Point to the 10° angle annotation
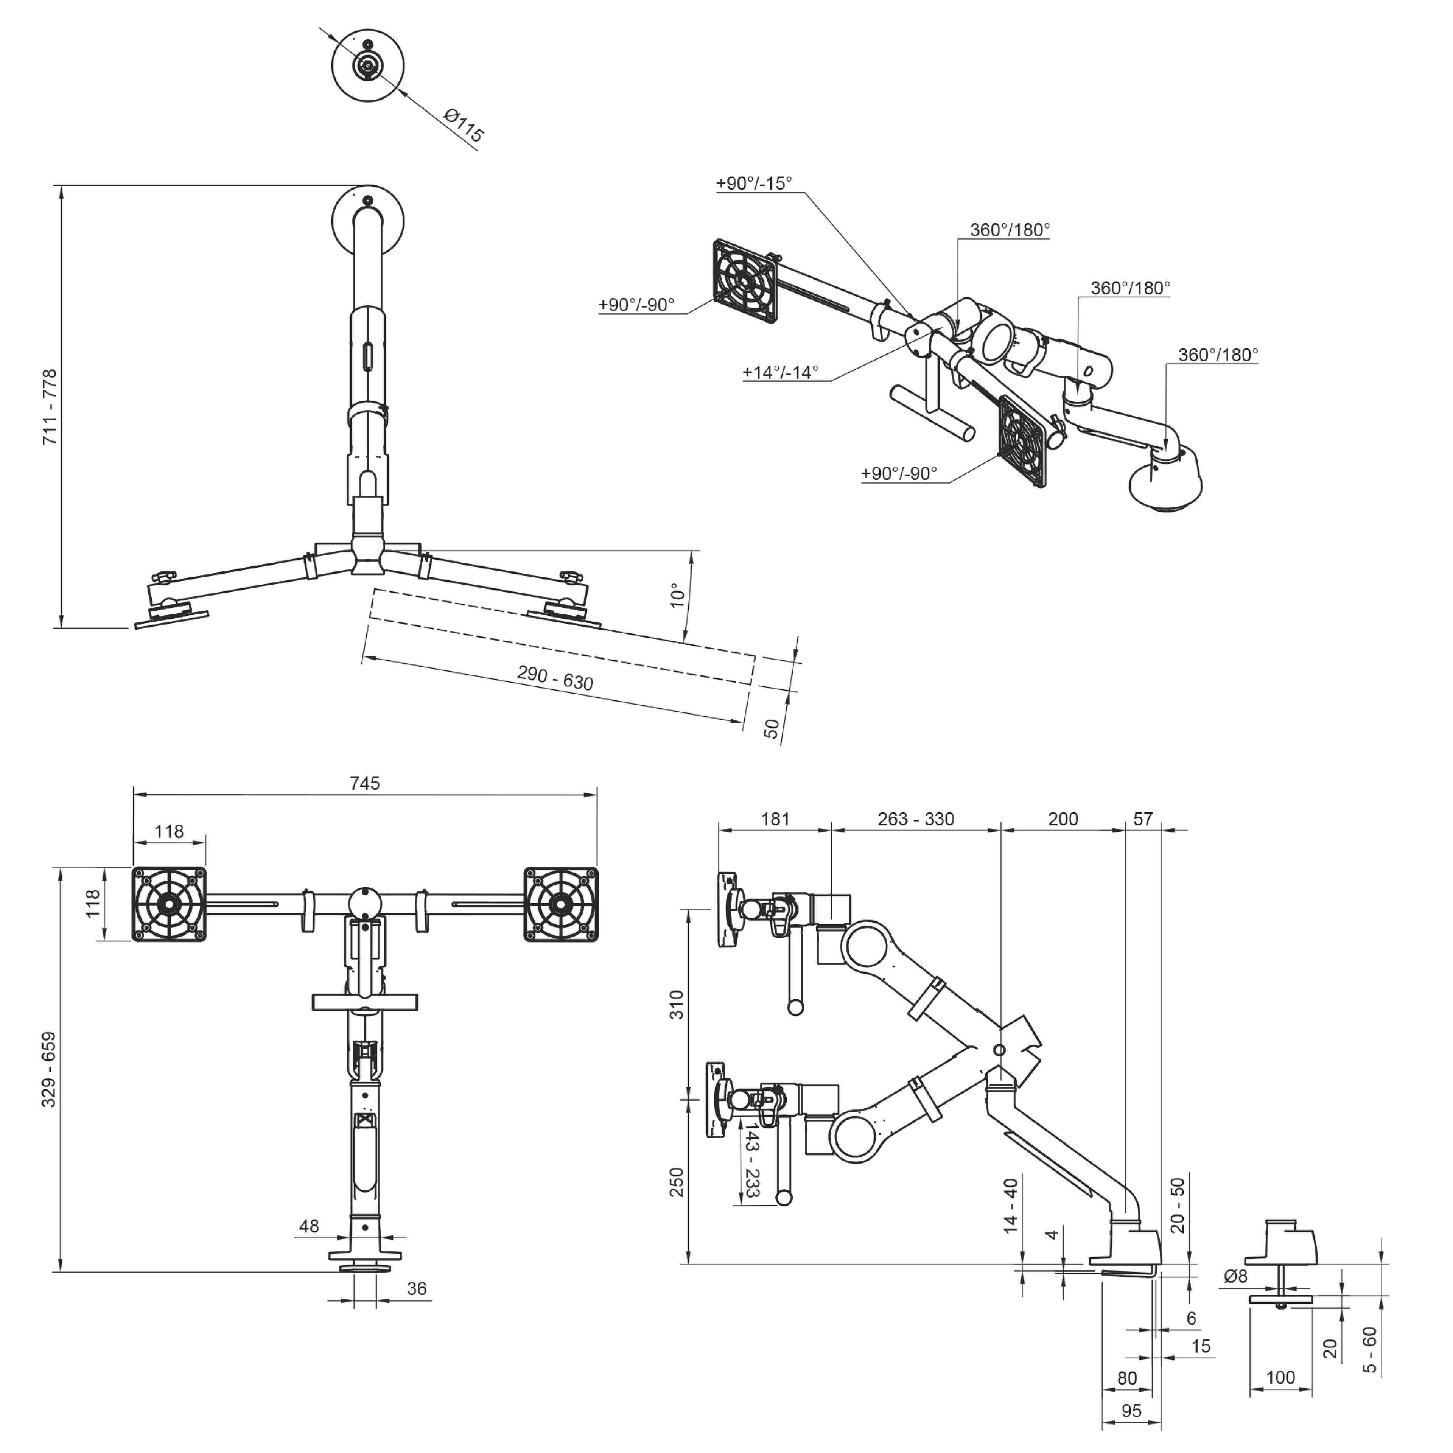pos(678,596)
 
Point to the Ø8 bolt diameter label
pos(1236,1276)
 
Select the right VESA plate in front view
pos(561,904)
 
